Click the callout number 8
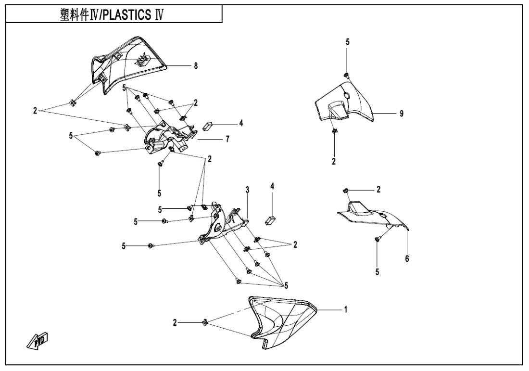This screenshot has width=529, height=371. click(196, 65)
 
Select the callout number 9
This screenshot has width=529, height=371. click(401, 114)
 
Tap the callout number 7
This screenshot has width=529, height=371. click(227, 139)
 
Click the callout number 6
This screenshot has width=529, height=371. click(407, 259)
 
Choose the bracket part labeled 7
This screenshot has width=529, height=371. click(168, 137)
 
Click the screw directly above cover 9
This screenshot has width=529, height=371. click(346, 74)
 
